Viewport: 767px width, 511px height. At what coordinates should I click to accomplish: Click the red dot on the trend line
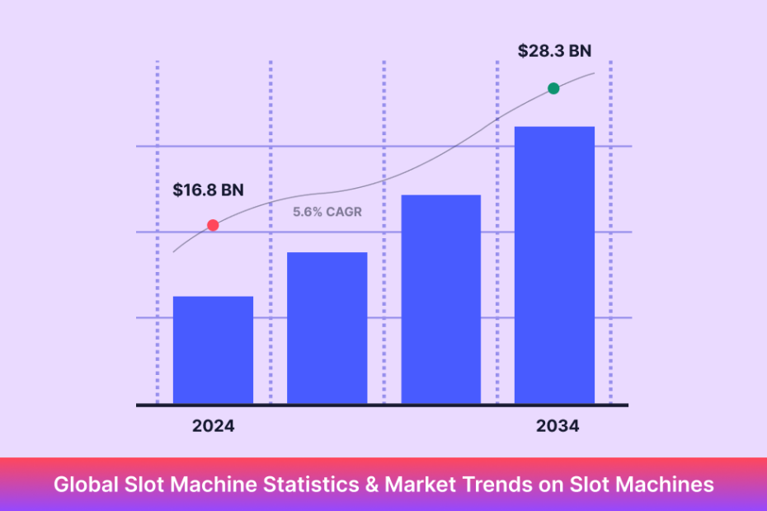click(213, 225)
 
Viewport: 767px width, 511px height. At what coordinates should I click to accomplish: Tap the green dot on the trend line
click(553, 88)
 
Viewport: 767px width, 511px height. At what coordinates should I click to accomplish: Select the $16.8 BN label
click(208, 190)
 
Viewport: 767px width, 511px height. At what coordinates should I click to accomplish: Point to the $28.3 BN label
click(554, 51)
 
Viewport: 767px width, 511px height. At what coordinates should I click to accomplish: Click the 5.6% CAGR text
click(327, 212)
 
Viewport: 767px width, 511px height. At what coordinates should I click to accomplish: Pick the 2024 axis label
click(213, 426)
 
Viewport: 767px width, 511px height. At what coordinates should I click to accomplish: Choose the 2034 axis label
click(558, 426)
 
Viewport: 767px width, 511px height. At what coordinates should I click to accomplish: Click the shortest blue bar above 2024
click(213, 350)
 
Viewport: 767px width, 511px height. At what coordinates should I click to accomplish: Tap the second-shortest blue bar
click(327, 328)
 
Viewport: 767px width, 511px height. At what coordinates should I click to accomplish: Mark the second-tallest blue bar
click(440, 299)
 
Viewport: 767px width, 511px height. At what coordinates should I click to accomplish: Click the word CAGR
click(343, 212)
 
